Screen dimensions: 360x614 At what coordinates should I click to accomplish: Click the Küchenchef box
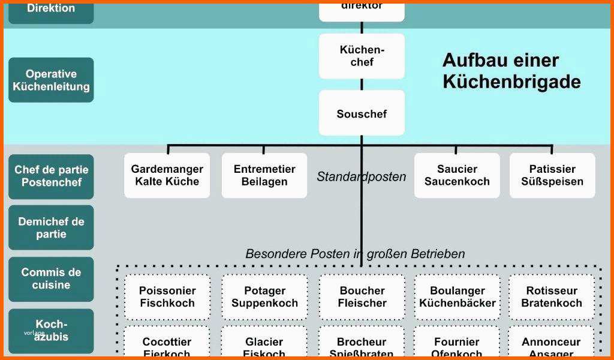362,56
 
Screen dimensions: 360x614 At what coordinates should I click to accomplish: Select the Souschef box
362,113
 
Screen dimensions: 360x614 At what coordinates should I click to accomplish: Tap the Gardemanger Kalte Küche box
167,175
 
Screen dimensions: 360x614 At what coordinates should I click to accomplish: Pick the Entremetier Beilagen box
264,175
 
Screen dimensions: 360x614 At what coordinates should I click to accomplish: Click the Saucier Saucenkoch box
457,175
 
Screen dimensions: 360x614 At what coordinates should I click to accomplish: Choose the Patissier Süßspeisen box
552,175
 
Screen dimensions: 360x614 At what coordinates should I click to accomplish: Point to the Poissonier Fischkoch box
167,297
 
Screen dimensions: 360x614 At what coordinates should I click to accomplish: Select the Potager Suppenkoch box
264,297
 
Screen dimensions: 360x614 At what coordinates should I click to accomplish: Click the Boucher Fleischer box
362,297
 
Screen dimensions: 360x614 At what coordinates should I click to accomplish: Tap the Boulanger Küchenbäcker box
458,297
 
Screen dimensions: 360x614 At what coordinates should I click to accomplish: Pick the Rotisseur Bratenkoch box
552,297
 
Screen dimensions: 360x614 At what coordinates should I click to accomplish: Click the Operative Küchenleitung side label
51,80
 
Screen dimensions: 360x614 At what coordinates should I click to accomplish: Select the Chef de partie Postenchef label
51,176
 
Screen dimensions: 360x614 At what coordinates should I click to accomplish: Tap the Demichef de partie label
51,227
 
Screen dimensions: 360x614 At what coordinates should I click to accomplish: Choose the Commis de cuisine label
51,279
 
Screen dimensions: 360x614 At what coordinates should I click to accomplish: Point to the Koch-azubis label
51,331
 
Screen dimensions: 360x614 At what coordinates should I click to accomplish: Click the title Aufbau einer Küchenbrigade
511,70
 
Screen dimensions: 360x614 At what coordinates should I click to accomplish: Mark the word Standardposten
361,177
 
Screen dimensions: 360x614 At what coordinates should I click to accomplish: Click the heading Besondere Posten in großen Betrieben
355,254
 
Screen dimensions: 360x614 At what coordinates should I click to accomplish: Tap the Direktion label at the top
51,9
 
